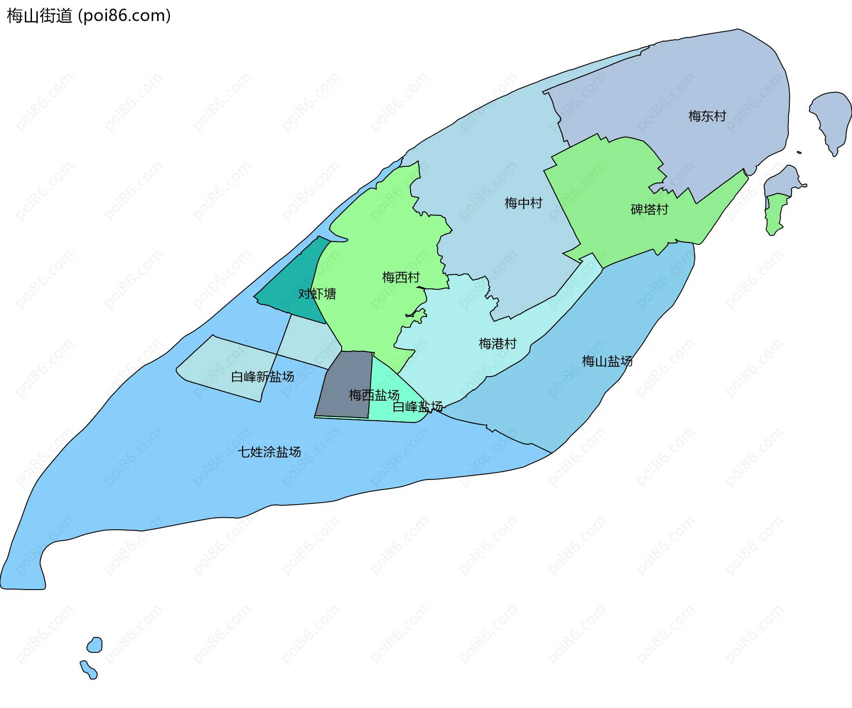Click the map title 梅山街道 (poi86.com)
pos(89,16)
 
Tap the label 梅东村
pos(707,116)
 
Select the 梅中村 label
pos(523,203)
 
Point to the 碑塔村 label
pos(649,209)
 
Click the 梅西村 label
pos(401,277)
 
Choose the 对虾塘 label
pos(317,294)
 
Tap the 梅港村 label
pos(497,343)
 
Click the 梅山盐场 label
pos(607,361)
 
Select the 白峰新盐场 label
pos(262,377)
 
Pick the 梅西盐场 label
pos(374,395)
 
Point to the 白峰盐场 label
pos(418,406)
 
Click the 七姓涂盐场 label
pos(269,452)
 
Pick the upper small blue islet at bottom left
pos(95,645)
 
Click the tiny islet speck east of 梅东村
pos(799,153)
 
